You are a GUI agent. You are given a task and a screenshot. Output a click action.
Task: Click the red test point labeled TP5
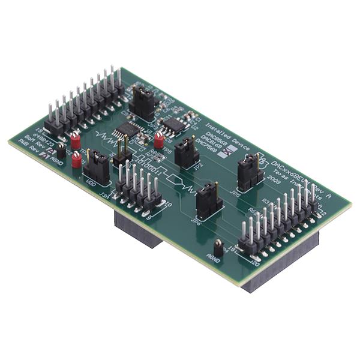[x=159, y=140]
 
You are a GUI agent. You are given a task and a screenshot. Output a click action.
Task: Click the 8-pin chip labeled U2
[x=174, y=124]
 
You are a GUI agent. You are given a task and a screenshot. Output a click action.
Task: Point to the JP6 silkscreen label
[x=195, y=221]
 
